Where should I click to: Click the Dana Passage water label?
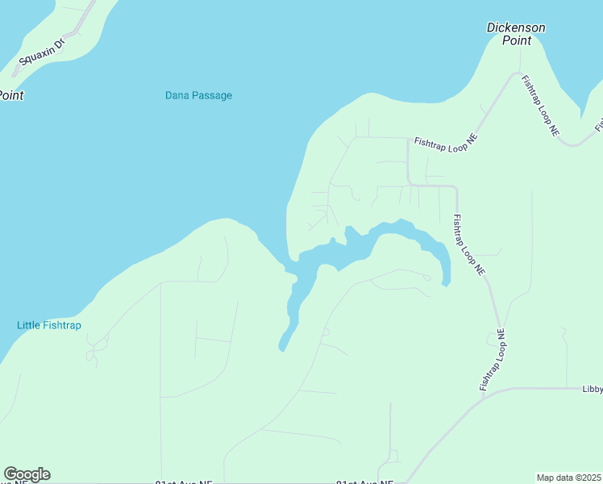198,95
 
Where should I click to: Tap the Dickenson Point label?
516,33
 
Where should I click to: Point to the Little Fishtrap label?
49,325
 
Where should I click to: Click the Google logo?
27,474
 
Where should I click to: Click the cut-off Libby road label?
593,389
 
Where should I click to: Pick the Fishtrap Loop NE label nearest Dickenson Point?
540,104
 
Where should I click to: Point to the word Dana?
177,95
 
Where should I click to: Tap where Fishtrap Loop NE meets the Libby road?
507,388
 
